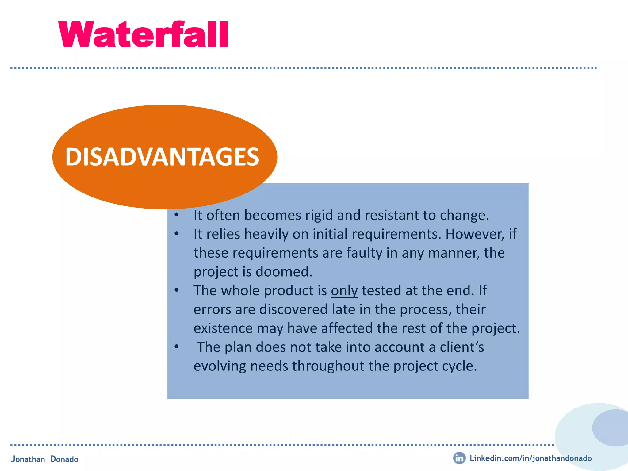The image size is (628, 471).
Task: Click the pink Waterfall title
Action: pos(143,34)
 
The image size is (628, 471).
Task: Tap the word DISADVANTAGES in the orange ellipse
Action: pos(162,157)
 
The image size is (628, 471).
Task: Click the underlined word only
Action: pos(344,291)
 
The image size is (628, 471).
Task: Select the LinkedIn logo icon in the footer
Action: pos(459,458)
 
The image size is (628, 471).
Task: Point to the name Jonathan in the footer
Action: pos(28,459)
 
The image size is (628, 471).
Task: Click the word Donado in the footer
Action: pos(64,459)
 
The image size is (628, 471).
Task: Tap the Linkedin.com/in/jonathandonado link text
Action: pos(530,458)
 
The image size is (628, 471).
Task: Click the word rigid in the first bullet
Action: pos(319,215)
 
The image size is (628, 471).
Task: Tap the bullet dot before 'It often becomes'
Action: pos(176,215)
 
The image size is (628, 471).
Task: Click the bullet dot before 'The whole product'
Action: pos(176,290)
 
